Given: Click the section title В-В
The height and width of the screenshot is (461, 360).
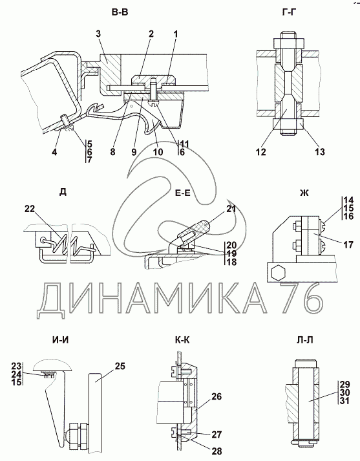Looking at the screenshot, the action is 120,12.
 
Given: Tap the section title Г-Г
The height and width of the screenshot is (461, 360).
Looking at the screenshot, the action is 288,12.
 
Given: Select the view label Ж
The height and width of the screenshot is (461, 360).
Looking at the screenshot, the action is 305,193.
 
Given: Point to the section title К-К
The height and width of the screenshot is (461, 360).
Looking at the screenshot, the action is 182,340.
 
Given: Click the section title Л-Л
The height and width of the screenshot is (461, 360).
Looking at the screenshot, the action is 305,340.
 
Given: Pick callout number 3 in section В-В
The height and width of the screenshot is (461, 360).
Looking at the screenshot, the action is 98,34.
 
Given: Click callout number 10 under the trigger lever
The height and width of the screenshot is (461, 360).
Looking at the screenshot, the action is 158,152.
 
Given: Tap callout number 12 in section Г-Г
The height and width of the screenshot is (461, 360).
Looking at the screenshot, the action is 261,152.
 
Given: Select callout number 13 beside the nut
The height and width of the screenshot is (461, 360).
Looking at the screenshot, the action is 320,152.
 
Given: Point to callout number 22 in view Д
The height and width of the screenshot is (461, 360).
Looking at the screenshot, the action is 30,209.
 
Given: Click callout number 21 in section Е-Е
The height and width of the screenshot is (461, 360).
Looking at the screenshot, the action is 231,208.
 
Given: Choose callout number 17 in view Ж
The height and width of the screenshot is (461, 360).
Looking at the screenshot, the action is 348,244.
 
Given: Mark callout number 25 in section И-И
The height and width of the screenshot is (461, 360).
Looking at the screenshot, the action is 120,366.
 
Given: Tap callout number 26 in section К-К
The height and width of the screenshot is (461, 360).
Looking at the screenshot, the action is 217,396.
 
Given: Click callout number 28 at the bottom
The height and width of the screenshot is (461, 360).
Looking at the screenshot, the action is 217,451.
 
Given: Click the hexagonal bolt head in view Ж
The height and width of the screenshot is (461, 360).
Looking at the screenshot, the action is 277,273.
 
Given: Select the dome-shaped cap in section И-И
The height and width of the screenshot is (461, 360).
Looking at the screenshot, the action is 53,366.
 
